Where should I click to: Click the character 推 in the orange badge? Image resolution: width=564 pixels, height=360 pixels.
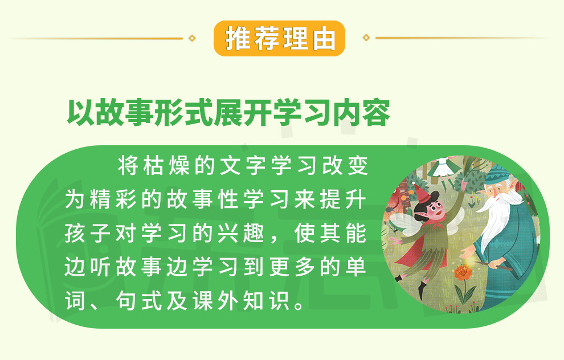(x=238, y=39)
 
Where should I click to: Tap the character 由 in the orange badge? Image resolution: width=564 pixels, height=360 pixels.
(x=324, y=39)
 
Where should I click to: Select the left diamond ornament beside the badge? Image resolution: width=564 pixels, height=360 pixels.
(x=192, y=38)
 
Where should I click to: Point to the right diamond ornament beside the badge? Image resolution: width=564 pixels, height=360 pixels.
(x=366, y=38)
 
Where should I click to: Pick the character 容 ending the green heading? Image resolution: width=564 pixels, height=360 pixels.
(x=376, y=112)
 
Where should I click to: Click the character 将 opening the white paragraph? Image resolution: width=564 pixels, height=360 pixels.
(x=128, y=166)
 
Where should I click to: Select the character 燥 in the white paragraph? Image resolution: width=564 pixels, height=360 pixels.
(x=179, y=166)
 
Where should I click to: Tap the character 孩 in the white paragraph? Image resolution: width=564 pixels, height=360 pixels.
(x=75, y=234)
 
